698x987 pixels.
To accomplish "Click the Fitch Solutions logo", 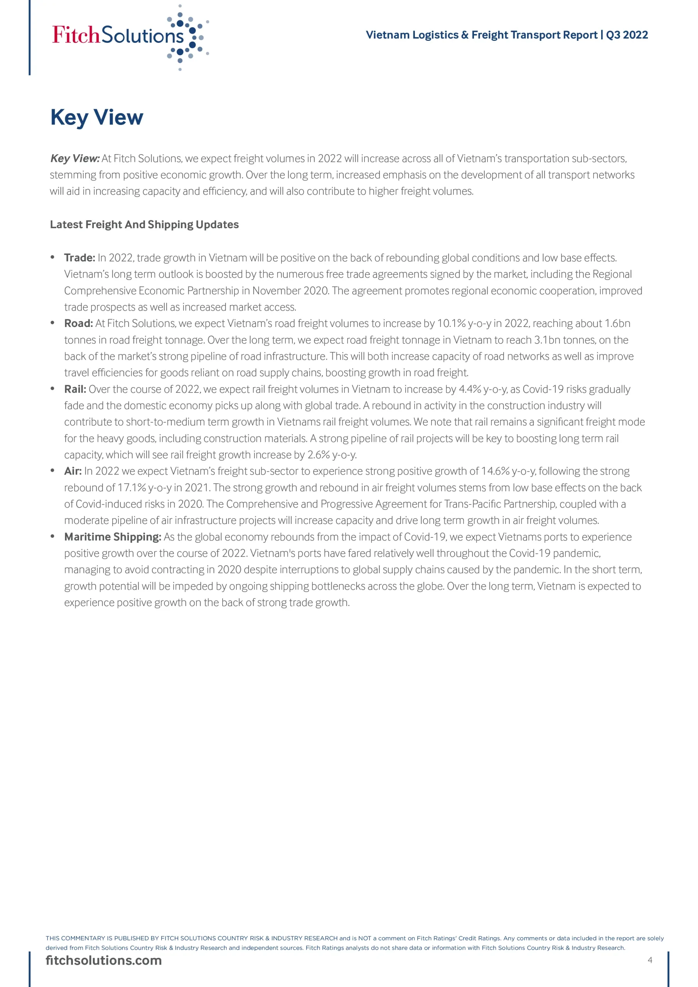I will (x=129, y=37).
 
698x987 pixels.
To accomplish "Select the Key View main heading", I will (x=97, y=117).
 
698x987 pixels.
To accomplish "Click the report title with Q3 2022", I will (x=507, y=35).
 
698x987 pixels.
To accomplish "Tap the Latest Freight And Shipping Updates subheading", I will (x=144, y=224).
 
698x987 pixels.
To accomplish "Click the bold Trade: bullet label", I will (x=79, y=258).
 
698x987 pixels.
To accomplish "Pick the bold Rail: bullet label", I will (x=75, y=389).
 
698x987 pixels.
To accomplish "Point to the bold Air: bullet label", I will (x=72, y=471).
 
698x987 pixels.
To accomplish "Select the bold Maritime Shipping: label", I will (x=113, y=537).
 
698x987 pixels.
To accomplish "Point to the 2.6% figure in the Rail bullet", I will (x=318, y=455).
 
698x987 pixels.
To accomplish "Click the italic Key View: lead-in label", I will (x=75, y=158).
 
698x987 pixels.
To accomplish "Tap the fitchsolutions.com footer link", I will (x=104, y=960).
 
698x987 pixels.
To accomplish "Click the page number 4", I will (x=650, y=960).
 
